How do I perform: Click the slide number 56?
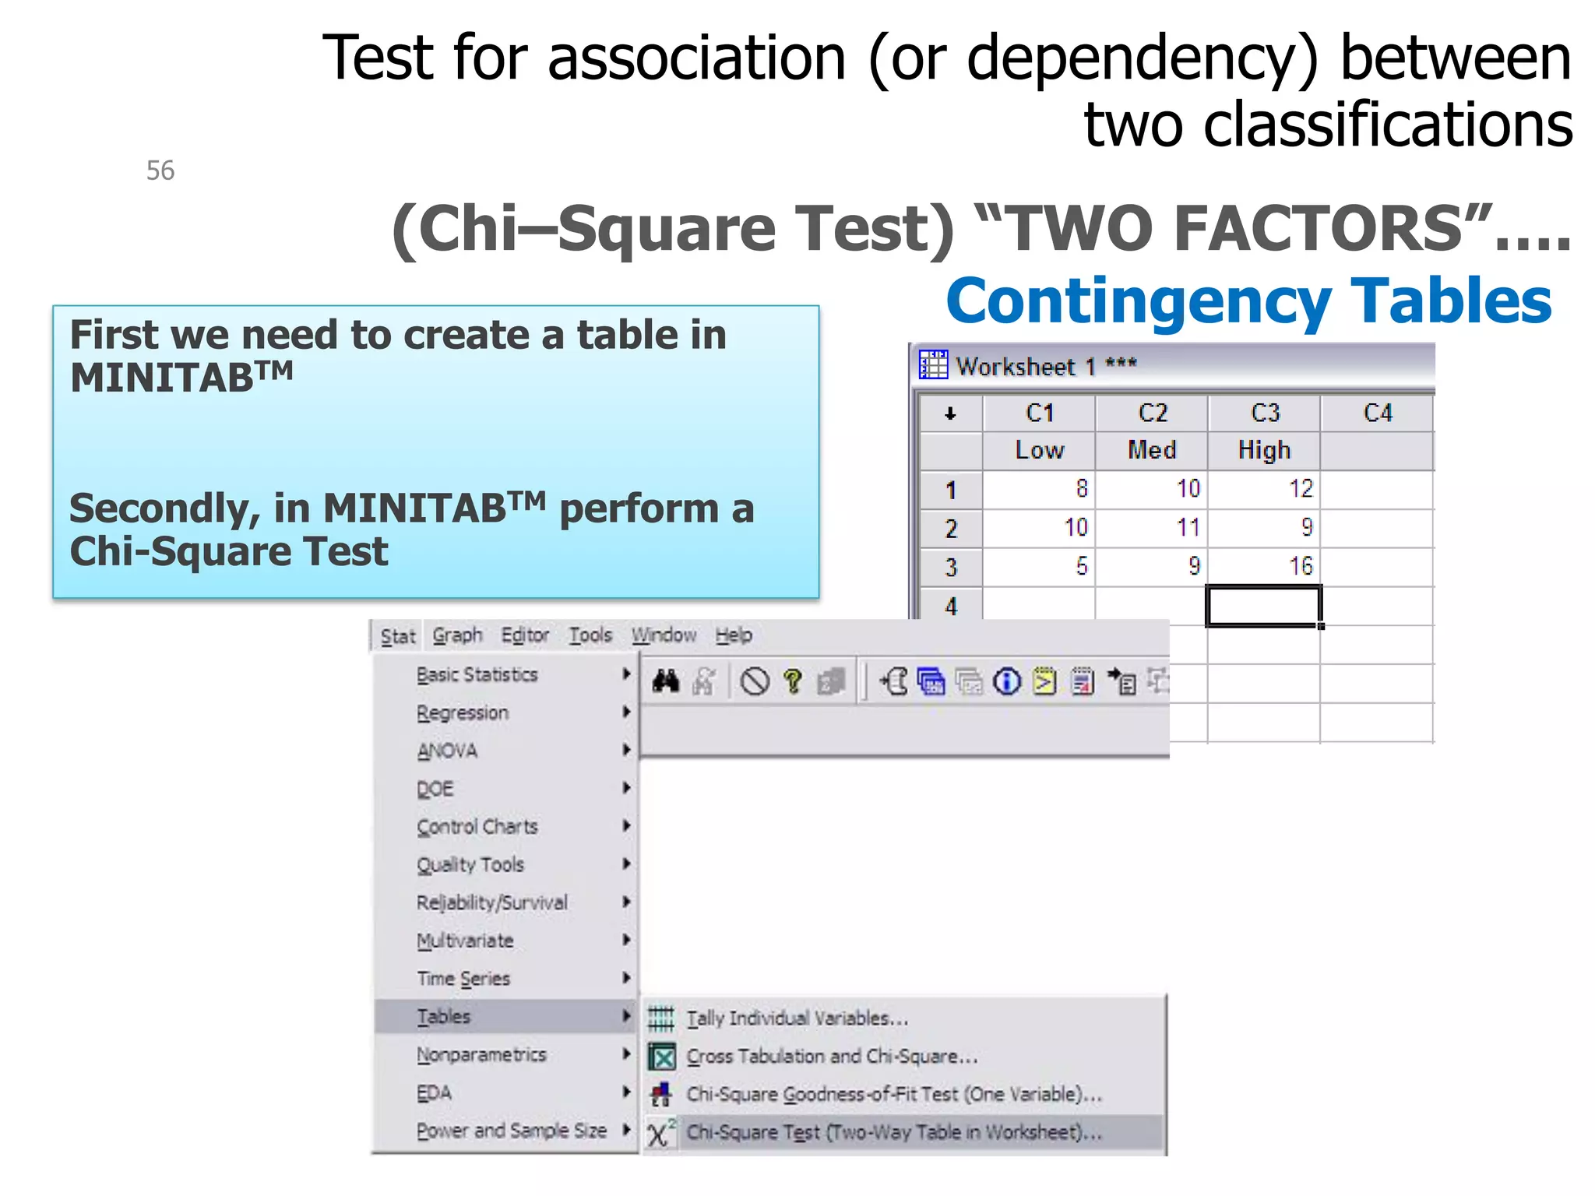tap(160, 171)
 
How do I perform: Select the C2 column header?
tap(1153, 413)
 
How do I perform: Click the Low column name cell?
tap(1039, 450)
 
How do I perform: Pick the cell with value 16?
tap(1300, 566)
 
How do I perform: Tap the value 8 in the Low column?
tap(1081, 488)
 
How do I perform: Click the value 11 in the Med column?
tap(1188, 527)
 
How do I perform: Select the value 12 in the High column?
tap(1300, 488)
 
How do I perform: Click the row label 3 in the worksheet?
tap(951, 567)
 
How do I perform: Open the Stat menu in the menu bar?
tap(398, 636)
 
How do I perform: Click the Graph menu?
tap(457, 635)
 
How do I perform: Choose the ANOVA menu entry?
tap(447, 751)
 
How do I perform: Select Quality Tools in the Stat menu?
tap(470, 864)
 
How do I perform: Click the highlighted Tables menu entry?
tap(444, 1016)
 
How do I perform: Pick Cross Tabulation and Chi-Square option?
tap(832, 1057)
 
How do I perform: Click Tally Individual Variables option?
tap(797, 1018)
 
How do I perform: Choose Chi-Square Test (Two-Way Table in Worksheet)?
tap(894, 1132)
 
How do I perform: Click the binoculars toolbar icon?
tap(666, 682)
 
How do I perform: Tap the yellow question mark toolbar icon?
tap(793, 682)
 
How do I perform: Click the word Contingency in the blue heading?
tap(1139, 301)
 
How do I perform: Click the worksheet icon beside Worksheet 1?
tap(933, 364)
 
